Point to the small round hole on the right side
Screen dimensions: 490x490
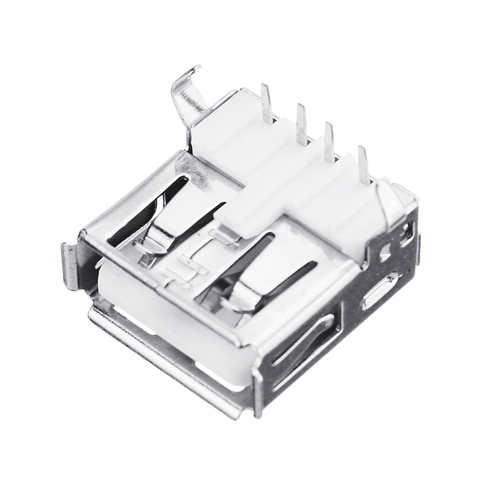point(386,252)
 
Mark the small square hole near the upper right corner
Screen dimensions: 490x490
point(405,233)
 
